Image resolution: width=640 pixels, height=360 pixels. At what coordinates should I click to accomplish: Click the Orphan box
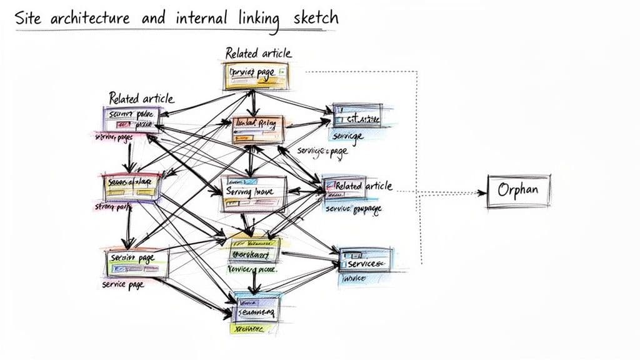pyautogui.click(x=518, y=190)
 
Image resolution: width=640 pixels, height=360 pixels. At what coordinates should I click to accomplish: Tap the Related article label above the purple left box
pyautogui.click(x=141, y=98)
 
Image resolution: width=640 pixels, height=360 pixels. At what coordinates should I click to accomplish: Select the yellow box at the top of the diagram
pyautogui.click(x=256, y=76)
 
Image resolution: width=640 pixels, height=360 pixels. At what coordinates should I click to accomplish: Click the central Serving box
pyautogui.click(x=254, y=193)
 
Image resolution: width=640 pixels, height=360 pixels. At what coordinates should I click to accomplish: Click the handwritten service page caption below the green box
pyautogui.click(x=122, y=284)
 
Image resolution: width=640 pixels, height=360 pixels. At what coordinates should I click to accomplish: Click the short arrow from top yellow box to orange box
pyautogui.click(x=253, y=102)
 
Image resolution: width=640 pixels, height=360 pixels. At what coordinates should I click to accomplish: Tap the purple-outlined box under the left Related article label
pyautogui.click(x=131, y=119)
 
